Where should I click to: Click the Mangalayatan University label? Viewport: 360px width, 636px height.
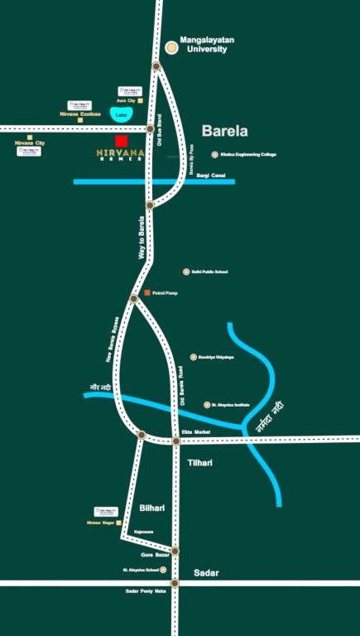click(203, 44)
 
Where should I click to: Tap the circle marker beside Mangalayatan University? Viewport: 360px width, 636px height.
click(171, 47)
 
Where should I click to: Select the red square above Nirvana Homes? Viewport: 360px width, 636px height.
click(122, 141)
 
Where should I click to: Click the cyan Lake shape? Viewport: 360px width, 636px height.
click(122, 114)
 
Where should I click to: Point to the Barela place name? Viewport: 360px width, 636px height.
click(224, 131)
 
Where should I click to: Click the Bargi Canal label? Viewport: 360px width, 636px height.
click(210, 176)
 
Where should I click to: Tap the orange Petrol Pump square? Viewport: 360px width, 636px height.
click(147, 293)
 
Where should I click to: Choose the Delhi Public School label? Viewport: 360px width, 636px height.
click(209, 272)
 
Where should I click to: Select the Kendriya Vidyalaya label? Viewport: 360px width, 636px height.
click(216, 357)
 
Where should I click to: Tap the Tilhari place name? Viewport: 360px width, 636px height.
click(199, 462)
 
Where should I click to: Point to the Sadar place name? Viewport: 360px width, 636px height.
click(205, 572)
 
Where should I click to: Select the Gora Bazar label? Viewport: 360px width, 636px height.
click(155, 554)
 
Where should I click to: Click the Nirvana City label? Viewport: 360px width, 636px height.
click(30, 143)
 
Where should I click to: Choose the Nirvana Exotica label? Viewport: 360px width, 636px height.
click(80, 113)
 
